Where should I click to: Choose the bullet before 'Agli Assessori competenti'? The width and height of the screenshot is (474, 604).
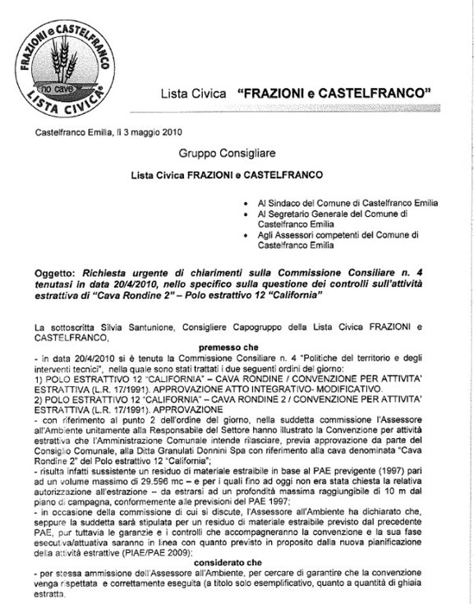237,235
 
